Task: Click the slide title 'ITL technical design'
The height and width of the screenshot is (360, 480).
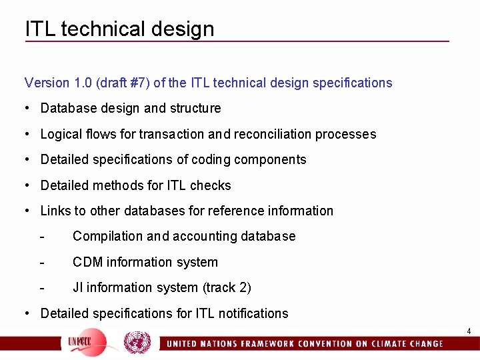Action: [120, 29]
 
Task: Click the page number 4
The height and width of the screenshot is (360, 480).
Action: [469, 331]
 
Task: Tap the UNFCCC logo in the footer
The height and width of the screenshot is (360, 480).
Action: [83, 343]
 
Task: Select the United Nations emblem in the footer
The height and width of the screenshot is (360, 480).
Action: [137, 343]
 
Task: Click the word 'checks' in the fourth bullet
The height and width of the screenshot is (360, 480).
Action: [211, 185]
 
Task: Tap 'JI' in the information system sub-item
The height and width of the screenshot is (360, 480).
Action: [78, 287]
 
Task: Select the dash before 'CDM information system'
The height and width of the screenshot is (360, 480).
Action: [42, 262]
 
